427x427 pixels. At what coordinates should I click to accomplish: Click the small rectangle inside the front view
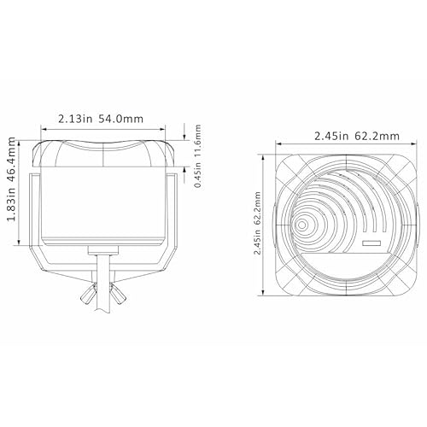point(371,244)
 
